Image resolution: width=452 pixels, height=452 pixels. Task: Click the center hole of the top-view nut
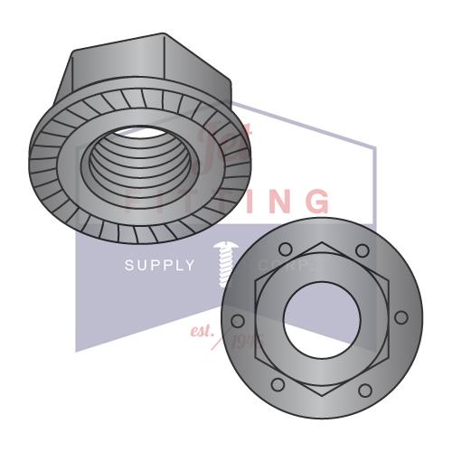(322, 318)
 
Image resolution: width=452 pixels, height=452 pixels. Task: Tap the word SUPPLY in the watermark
(159, 265)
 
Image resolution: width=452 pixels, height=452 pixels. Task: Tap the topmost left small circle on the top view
(284, 250)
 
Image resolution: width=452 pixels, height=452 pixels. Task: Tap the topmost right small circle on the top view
(362, 250)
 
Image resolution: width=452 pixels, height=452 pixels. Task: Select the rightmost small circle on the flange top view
(401, 317)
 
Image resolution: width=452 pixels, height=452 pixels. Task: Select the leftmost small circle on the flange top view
(240, 320)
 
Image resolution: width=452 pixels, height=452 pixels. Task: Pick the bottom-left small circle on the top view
(279, 385)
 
